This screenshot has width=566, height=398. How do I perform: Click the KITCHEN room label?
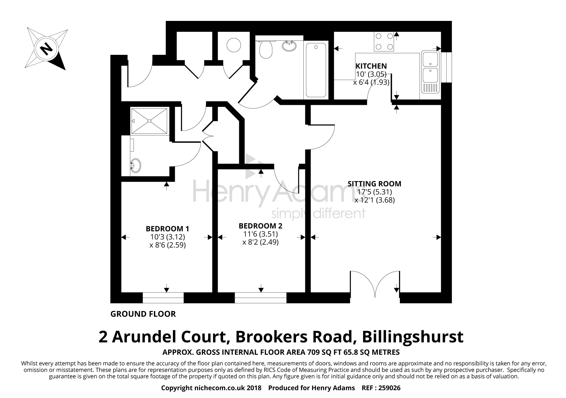pyautogui.click(x=371, y=66)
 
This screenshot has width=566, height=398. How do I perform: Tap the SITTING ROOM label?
pyautogui.click(x=374, y=184)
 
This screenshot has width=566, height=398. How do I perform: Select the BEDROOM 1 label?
pyautogui.click(x=167, y=228)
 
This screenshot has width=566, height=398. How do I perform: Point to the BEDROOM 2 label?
pyautogui.click(x=260, y=226)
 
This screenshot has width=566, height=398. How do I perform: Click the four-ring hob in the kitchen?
pyautogui.click(x=384, y=42)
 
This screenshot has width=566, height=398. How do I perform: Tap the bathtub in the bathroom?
pyautogui.click(x=316, y=70)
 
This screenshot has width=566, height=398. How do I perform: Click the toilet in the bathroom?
pyautogui.click(x=265, y=49)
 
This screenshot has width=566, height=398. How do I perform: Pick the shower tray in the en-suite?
pyautogui.click(x=149, y=121)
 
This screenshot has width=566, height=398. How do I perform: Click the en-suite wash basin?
pyautogui.click(x=135, y=165)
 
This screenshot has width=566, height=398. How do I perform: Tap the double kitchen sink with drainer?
pyautogui.click(x=430, y=72)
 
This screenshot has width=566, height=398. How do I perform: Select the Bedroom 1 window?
pyautogui.click(x=163, y=298)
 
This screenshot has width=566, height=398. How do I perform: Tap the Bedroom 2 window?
pyautogui.click(x=260, y=298)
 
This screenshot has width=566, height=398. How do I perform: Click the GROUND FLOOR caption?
pyautogui.click(x=143, y=314)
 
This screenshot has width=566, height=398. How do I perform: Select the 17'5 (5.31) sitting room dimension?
pyautogui.click(x=374, y=192)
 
